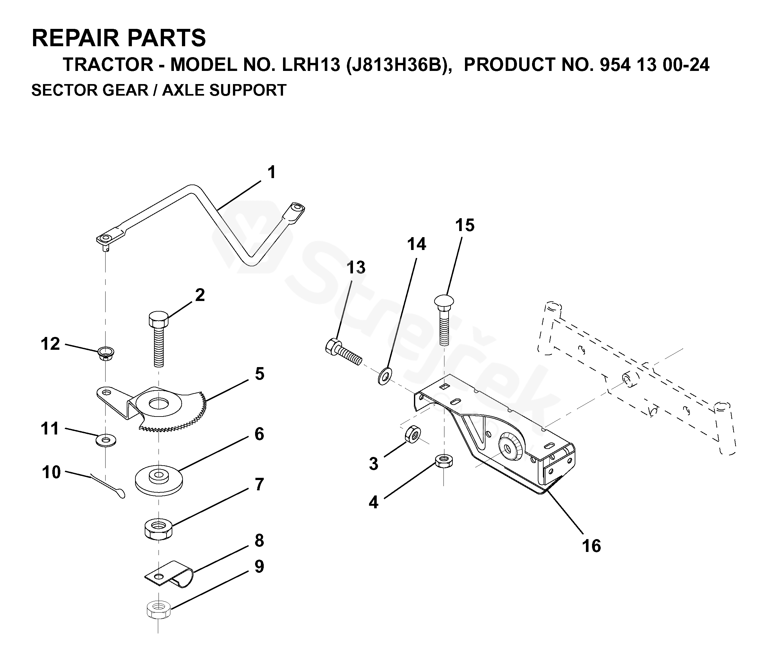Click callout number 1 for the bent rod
271,172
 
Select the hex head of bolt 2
158,319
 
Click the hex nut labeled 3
413,434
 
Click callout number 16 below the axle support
591,546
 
